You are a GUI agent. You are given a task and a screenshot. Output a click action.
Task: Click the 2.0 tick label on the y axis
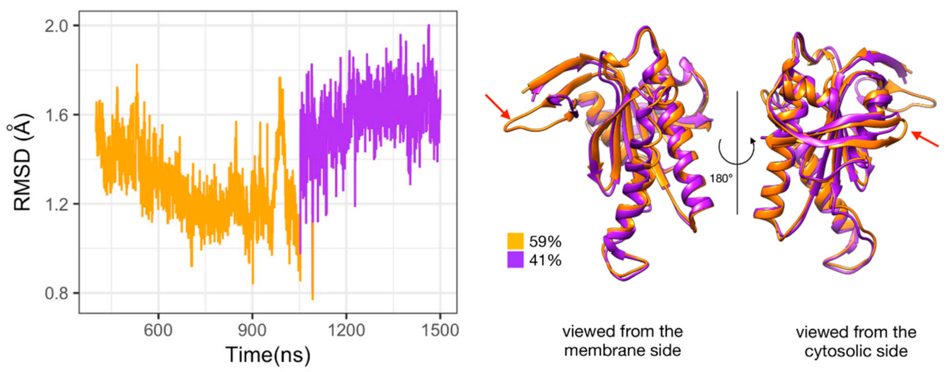coord(57,26)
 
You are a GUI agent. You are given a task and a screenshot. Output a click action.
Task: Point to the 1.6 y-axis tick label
coord(57,115)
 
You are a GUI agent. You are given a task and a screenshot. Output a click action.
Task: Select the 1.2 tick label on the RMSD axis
coord(57,204)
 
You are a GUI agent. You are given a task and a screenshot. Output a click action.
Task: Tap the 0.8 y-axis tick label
coord(57,294)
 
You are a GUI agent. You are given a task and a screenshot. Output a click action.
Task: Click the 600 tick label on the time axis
coord(158,331)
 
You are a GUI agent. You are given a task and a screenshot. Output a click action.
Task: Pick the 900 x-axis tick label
coord(252,331)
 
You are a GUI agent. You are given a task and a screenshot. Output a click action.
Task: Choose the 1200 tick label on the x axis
coord(346,331)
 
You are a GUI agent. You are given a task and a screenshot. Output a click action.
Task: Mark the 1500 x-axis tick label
coord(440,331)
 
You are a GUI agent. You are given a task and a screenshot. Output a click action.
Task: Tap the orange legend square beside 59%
coord(515,241)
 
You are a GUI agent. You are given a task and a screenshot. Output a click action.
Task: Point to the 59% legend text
coord(545,241)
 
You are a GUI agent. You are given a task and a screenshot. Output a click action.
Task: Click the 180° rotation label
coord(721,179)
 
